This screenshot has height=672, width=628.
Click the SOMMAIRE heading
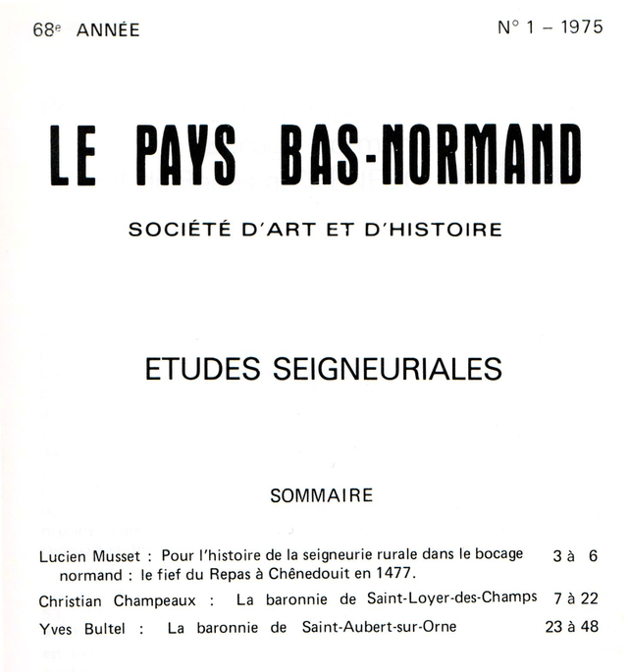point(322,495)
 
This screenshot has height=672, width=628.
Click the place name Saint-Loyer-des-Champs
point(448,598)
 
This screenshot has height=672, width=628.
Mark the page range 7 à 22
point(575,598)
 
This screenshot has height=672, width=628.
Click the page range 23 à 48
point(571,627)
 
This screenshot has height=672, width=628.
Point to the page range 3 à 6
point(575,555)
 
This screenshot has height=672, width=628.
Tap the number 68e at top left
point(44,29)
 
